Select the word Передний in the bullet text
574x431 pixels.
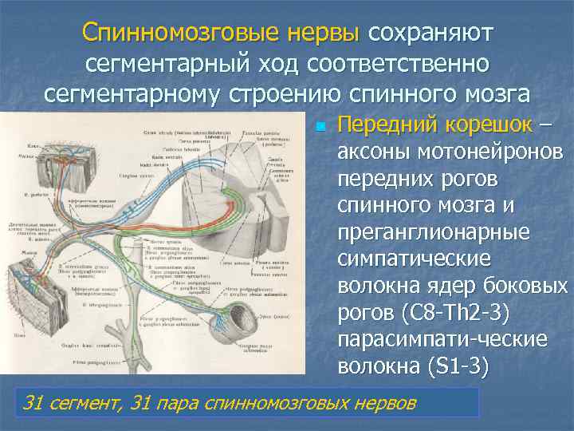tap(384, 125)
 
